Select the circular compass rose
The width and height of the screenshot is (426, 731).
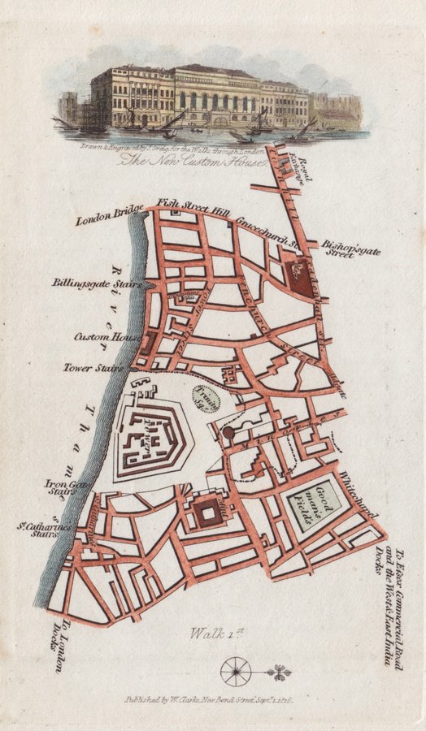[x=237, y=671]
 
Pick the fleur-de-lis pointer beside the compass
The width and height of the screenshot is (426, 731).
[x=280, y=672]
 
